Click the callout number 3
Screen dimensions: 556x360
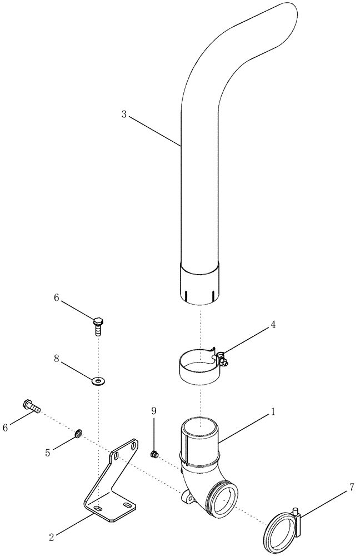point(124,114)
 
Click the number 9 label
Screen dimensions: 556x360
point(153,411)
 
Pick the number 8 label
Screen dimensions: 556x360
point(56,359)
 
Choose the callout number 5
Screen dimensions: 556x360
point(48,453)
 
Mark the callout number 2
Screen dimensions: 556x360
point(52,537)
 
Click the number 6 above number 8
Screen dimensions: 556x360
point(56,298)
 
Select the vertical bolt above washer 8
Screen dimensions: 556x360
point(98,324)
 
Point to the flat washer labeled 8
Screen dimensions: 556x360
point(98,381)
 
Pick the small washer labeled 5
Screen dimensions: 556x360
point(78,433)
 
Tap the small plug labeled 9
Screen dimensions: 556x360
point(154,455)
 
